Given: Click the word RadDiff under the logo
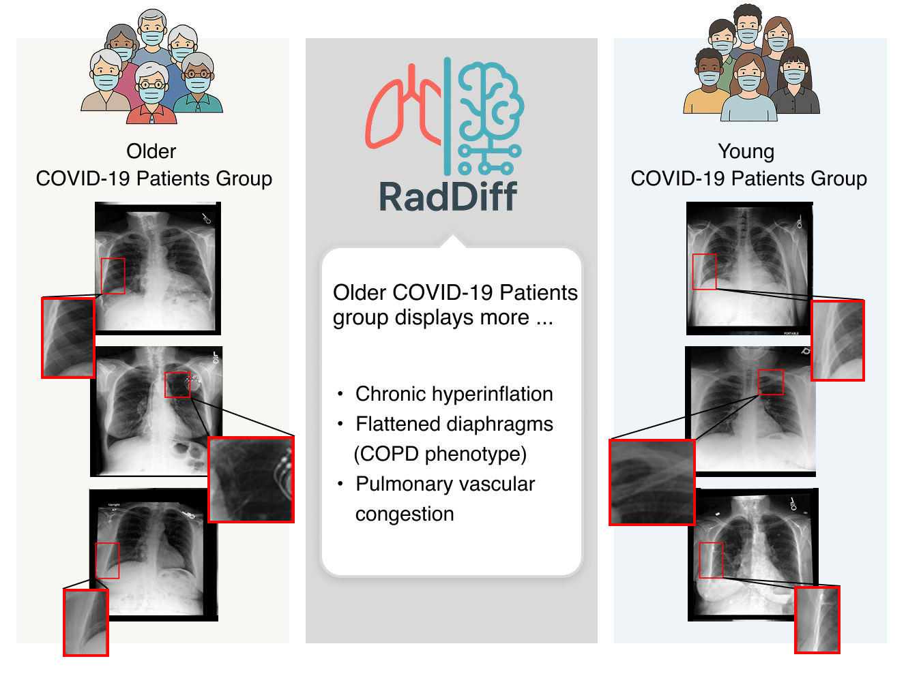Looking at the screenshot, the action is (x=448, y=197).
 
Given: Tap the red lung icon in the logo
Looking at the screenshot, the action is (x=403, y=108).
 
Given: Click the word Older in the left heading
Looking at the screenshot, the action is (x=151, y=151).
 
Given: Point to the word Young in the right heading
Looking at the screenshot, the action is (x=746, y=152).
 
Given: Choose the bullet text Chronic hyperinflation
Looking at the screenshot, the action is (x=454, y=394).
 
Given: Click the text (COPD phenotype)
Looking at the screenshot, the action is (x=440, y=454).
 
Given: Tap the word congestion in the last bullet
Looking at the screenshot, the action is (x=405, y=514).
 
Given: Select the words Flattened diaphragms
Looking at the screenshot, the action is (x=454, y=424).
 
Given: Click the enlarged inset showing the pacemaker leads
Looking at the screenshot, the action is (x=251, y=480).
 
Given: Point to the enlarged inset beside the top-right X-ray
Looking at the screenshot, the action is (x=838, y=341).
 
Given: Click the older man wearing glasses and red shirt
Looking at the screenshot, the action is (x=151, y=94).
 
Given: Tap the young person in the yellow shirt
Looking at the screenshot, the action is (x=706, y=82).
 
